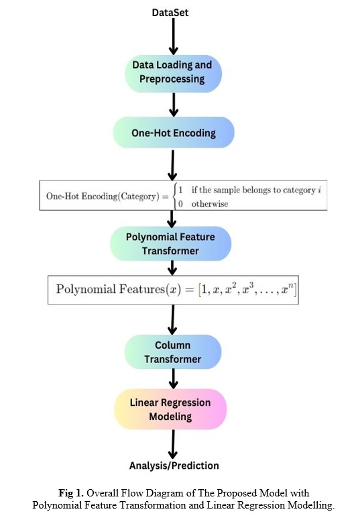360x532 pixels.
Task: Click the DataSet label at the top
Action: tap(170, 13)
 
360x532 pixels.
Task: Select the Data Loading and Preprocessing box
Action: tap(173, 74)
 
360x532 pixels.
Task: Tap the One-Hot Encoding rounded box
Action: tap(174, 132)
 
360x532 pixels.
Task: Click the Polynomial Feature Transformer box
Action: tap(170, 244)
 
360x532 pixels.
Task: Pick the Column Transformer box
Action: tap(173, 352)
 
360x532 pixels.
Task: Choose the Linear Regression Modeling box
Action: tap(170, 409)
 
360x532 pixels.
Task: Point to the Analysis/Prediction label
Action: tap(174, 466)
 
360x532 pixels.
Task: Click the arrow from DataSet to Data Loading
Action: tap(174, 36)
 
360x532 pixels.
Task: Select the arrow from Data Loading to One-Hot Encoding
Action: tap(174, 105)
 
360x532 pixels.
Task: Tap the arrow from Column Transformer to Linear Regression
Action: tap(173, 378)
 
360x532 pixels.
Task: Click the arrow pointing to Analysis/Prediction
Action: tap(173, 445)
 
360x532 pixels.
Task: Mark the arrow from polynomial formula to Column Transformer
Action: tap(172, 319)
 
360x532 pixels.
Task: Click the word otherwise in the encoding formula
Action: tap(209, 203)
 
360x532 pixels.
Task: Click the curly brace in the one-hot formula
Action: tap(175, 196)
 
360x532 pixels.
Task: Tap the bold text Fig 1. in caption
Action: tap(71, 492)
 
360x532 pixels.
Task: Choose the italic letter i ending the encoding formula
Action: tap(319, 190)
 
